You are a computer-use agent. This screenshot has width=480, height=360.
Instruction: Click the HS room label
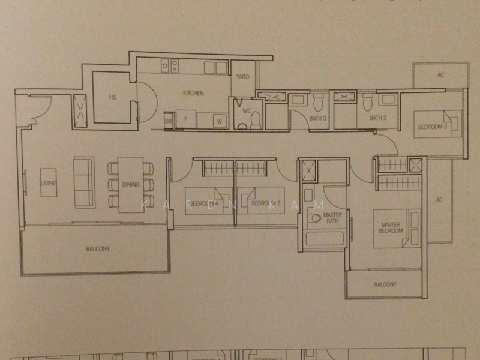click(112, 97)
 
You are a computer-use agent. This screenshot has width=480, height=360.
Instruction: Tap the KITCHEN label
click(193, 93)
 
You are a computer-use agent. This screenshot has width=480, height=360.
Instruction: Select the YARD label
click(242, 77)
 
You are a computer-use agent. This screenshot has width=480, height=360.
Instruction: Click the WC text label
click(246, 110)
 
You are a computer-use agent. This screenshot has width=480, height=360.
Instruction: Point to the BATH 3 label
click(317, 118)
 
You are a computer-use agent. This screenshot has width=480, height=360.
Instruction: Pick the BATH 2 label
click(376, 118)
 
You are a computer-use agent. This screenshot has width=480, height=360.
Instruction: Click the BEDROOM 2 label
click(433, 127)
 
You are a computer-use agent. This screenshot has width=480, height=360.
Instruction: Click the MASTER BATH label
click(332, 218)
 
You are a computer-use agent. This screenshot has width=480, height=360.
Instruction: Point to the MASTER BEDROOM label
click(391, 228)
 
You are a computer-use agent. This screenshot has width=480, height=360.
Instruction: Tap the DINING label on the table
click(130, 185)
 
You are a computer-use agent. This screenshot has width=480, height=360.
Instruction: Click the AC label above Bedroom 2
click(440, 76)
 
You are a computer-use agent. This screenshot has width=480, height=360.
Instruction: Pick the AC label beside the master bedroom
click(439, 200)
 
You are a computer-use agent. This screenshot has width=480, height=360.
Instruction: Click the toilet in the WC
click(255, 120)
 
